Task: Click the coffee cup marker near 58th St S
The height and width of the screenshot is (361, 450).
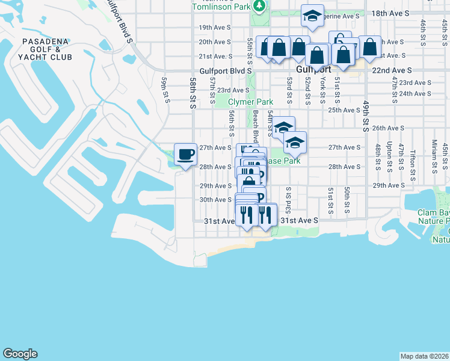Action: (185, 154)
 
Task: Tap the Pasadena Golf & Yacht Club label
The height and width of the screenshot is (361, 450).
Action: (46, 49)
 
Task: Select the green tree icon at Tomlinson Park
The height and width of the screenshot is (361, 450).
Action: (259, 6)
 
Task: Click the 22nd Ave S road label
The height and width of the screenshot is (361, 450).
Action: (391, 70)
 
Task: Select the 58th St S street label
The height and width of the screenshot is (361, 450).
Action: (193, 92)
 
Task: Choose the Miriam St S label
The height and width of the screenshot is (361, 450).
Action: (434, 153)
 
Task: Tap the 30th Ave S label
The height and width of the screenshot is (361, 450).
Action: (215, 200)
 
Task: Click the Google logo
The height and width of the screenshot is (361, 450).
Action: (20, 354)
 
